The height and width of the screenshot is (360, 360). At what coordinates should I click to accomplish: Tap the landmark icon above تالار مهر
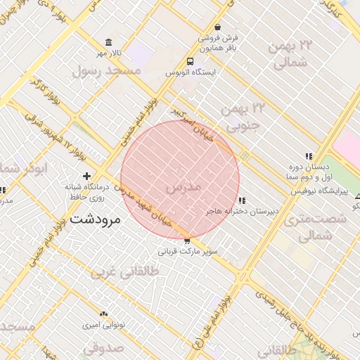point(108,42)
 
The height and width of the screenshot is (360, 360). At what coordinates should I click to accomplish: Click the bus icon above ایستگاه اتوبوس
point(190,61)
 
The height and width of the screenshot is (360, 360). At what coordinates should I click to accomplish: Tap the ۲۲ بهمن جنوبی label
point(243,116)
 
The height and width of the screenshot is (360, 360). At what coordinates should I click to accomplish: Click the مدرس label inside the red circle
point(184,188)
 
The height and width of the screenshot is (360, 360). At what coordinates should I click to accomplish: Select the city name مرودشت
point(96,219)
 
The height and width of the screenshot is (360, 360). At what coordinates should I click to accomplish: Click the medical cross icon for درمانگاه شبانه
point(86,175)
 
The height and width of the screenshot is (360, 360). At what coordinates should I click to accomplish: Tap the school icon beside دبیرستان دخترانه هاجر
point(242,200)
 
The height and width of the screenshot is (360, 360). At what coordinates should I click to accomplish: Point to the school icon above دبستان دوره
point(308,156)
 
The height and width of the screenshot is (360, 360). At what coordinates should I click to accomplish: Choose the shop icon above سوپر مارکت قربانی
point(186,240)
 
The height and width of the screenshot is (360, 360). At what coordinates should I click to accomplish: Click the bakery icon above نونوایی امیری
point(104,314)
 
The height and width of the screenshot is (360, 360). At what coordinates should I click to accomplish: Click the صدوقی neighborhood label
point(103,347)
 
